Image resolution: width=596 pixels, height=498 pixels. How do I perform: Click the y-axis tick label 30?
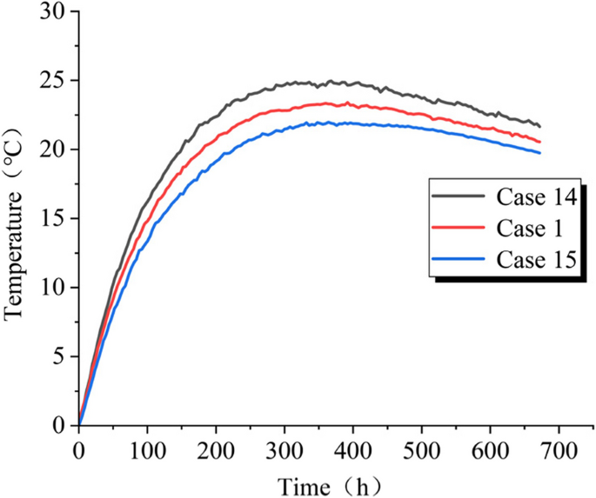(53, 13)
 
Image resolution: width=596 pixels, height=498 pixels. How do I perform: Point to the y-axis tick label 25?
(53, 82)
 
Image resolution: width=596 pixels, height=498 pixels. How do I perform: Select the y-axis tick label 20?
(53, 150)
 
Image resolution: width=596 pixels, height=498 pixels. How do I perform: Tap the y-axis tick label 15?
(53, 219)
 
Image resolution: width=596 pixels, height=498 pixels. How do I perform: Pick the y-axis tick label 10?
(53, 288)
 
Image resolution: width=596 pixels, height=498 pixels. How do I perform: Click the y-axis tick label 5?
(58, 356)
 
